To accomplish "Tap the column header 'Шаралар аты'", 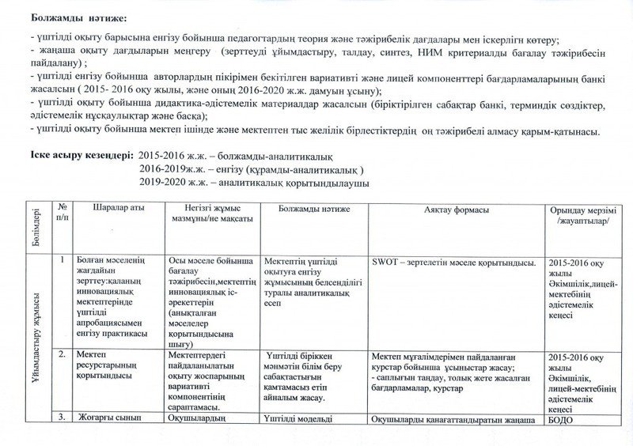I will pos(119,209).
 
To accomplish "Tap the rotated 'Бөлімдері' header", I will pos(36,225).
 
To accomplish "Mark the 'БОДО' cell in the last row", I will pos(559,420).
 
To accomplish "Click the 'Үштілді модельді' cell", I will pos(294,419).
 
